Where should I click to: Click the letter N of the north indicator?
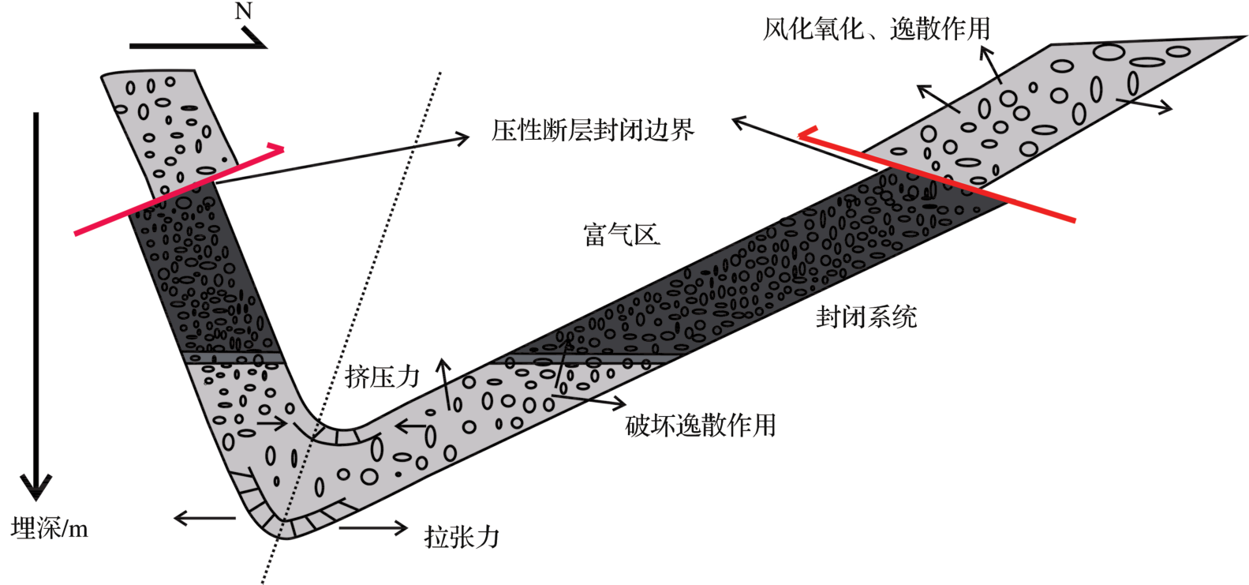click(243, 12)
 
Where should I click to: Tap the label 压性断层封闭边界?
click(593, 130)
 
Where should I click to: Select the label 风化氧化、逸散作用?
click(876, 29)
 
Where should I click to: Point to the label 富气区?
click(621, 234)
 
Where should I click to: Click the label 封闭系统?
click(866, 317)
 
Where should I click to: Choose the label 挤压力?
click(382, 377)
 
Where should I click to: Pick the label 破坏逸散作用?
click(700, 426)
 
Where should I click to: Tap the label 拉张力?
click(462, 537)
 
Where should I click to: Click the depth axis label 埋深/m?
click(50, 528)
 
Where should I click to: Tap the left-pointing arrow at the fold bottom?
click(204, 518)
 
